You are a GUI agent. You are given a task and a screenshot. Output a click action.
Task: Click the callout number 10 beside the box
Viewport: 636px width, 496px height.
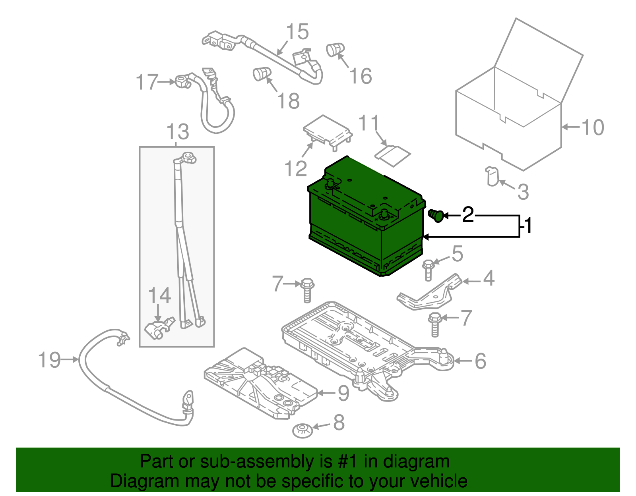(593, 127)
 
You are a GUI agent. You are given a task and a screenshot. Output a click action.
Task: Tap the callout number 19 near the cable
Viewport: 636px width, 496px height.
(49, 360)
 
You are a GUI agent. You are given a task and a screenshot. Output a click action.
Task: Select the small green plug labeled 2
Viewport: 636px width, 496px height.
(436, 215)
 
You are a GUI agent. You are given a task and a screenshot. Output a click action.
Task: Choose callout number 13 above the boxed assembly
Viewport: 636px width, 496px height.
(178, 131)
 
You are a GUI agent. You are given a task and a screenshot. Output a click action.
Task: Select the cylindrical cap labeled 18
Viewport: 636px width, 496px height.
(261, 73)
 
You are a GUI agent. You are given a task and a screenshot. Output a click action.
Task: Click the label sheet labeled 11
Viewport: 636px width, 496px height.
(392, 154)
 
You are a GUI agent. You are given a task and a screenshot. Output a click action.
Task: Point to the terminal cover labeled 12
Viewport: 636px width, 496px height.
(328, 130)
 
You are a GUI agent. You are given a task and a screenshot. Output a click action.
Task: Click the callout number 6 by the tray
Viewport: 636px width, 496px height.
(481, 361)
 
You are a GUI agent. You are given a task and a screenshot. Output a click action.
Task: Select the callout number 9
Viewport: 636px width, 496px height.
(343, 393)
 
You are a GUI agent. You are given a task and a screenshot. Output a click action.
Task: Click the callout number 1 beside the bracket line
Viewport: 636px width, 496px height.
(528, 226)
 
